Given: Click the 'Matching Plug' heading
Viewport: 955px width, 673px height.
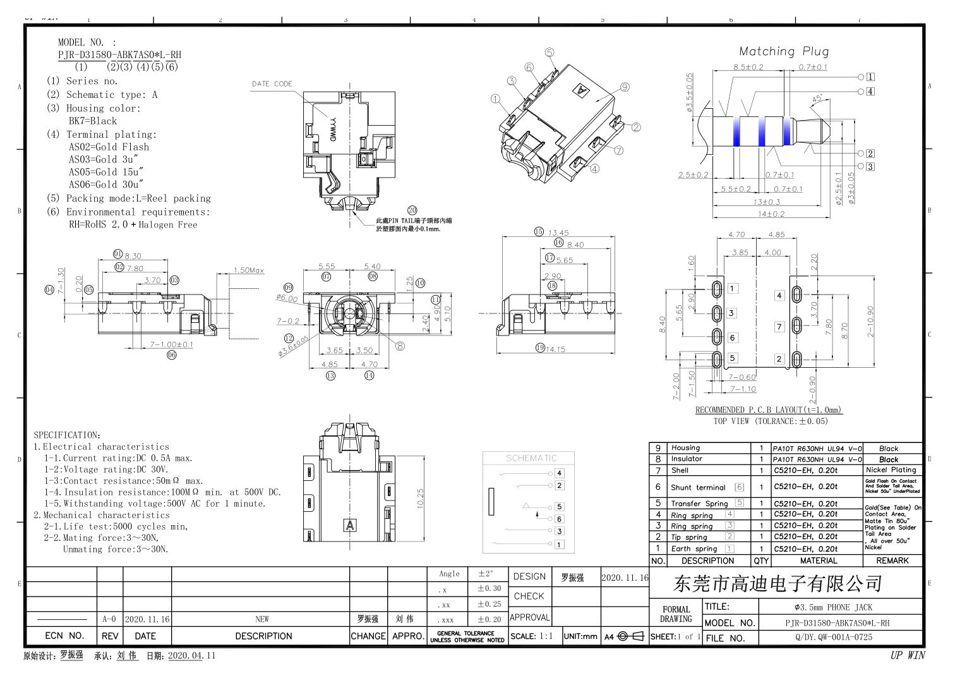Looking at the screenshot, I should tap(783, 52).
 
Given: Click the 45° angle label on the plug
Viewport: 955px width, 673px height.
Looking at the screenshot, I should tap(817, 99).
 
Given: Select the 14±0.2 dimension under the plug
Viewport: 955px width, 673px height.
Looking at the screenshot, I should tap(771, 214).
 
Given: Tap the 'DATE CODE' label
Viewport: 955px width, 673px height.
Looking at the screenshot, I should tap(272, 83).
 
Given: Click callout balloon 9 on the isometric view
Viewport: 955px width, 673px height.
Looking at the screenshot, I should tap(625, 87).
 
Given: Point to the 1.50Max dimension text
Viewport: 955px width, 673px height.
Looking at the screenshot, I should tap(249, 270).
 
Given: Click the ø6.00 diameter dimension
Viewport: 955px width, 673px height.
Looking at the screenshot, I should tap(287, 298).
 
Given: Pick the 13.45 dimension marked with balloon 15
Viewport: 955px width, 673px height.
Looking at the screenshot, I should tap(558, 233).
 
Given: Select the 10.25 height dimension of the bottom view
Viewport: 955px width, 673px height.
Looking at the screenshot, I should tap(421, 497).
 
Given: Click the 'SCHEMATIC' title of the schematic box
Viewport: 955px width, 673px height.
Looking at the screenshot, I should tap(531, 458).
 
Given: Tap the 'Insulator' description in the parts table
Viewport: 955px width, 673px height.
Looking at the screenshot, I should tap(687, 459).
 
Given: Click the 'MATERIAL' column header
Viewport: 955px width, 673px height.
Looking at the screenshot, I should tap(818, 561).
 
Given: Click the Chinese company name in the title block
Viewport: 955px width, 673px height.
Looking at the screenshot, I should tap(778, 583).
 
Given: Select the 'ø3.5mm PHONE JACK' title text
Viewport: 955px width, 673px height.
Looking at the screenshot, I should tap(833, 607).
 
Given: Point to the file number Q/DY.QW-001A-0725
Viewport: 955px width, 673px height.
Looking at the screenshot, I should tap(833, 637).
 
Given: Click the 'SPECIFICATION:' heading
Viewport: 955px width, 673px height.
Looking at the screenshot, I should tap(67, 435).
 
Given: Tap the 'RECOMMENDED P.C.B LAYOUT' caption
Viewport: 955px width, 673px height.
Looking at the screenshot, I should tap(768, 409).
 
